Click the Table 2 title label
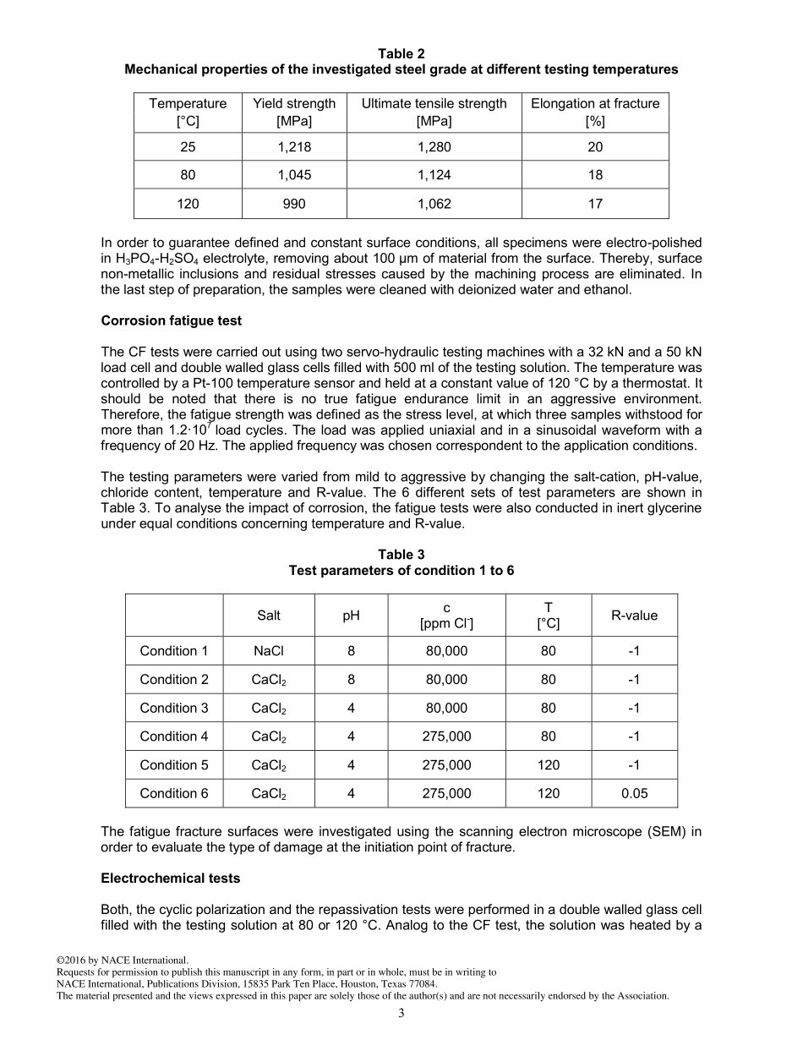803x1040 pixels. pos(401,53)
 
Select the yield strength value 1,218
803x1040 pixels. pos(294,147)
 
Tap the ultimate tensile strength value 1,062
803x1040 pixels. pos(434,204)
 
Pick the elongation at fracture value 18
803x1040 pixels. pos(595,175)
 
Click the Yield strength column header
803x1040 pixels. pos(294,112)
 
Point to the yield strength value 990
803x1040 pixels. pos(294,204)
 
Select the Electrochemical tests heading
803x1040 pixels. pos(170,879)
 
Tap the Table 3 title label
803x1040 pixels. pos(401,555)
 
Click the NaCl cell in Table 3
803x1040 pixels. pos(269,651)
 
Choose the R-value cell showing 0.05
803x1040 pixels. pos(634,793)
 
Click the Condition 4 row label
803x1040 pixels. pos(174,736)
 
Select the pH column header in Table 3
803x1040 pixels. pos(351,616)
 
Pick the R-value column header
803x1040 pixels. pos(634,616)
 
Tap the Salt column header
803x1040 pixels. pos(269,616)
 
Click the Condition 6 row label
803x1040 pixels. pos(174,793)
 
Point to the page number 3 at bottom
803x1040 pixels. pos(401,1014)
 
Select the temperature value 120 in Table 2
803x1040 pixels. pos(188,204)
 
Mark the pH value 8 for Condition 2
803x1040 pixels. pos(351,680)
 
